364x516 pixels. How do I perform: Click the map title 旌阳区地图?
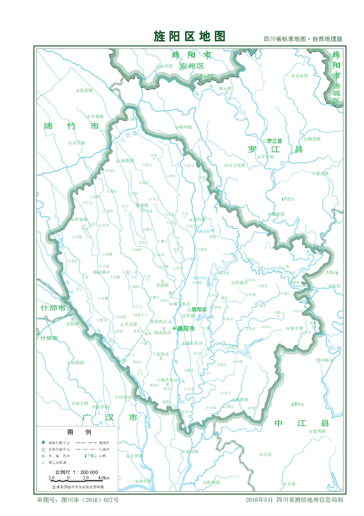(x=189, y=36)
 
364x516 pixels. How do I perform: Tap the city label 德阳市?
(x=186, y=329)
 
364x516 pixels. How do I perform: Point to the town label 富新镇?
(x=86, y=90)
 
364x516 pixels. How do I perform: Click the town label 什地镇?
(x=97, y=117)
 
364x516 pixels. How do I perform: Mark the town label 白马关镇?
(x=237, y=166)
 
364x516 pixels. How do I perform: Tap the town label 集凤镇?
(x=319, y=431)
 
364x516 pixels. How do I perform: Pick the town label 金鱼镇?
(x=136, y=456)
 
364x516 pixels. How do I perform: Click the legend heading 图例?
(x=72, y=432)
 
